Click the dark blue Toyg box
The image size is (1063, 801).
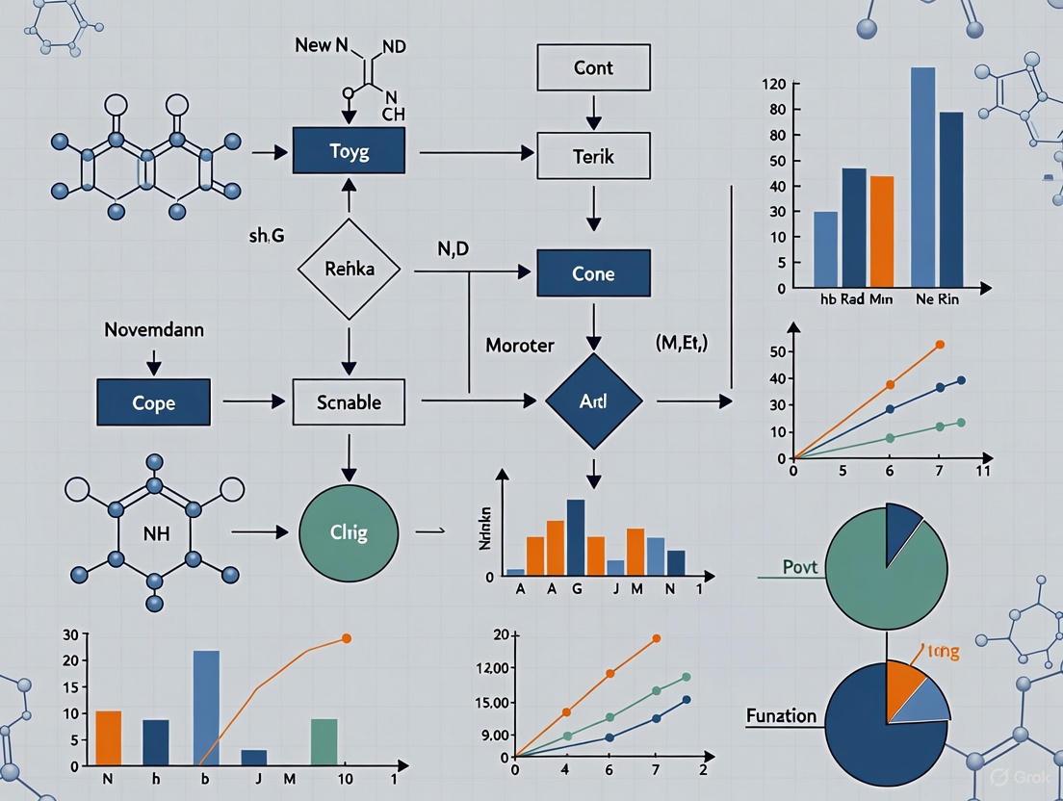(x=349, y=151)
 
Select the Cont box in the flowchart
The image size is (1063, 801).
(x=593, y=68)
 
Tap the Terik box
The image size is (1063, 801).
(x=593, y=155)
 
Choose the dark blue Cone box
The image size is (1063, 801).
(x=593, y=273)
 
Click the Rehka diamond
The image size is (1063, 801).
(x=349, y=269)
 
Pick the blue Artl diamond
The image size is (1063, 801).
(x=593, y=401)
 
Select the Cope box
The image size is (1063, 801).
(x=153, y=401)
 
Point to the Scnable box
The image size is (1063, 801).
(x=349, y=401)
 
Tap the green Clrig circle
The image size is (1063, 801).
(x=349, y=531)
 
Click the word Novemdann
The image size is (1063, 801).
(x=153, y=330)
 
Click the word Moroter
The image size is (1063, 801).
(x=520, y=345)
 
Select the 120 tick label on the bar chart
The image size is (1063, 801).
(x=774, y=85)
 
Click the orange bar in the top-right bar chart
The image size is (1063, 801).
(x=882, y=232)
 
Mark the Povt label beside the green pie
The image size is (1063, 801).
(x=799, y=567)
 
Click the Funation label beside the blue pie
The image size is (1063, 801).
(x=781, y=716)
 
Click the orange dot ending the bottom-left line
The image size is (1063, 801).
(x=347, y=638)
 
